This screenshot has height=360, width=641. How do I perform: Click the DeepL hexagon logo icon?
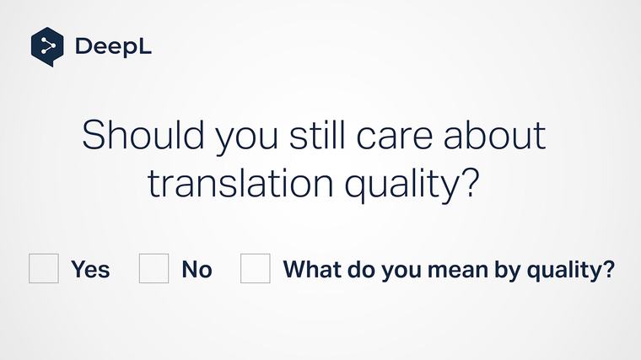click(x=47, y=46)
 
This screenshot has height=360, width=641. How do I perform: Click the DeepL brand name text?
click(x=113, y=46)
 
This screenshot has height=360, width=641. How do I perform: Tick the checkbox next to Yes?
click(x=44, y=268)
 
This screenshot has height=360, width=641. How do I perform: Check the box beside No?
click(x=154, y=268)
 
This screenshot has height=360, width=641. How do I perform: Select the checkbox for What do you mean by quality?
click(x=255, y=268)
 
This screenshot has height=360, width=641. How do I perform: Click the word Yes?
click(x=90, y=269)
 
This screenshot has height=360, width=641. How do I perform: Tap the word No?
click(x=197, y=269)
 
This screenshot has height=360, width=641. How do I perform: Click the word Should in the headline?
click(x=143, y=134)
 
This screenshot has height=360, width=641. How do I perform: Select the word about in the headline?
click(x=495, y=134)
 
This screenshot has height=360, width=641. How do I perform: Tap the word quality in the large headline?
click(x=401, y=185)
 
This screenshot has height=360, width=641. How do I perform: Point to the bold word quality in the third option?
click(x=565, y=271)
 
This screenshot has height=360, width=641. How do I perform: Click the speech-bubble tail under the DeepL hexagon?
click(x=50, y=63)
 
